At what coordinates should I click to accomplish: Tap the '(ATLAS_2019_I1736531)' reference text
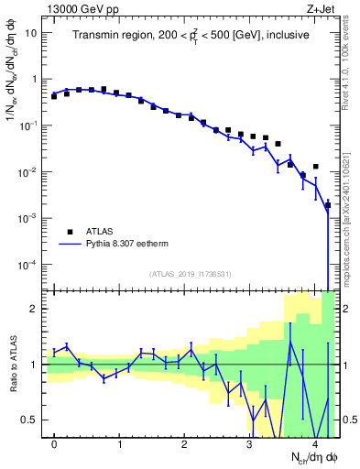coord(190,274)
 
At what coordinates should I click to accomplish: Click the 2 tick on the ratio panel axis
coord(34,309)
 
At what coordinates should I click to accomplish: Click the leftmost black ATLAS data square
coord(54,95)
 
